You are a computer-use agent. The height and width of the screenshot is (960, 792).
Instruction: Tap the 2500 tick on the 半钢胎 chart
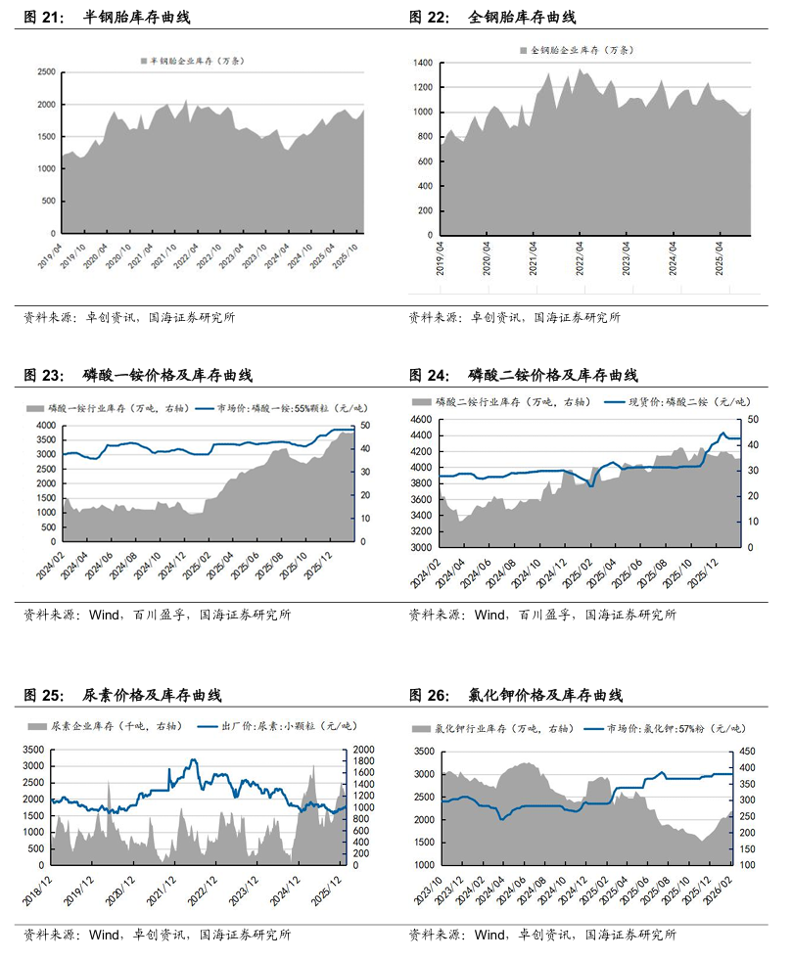(43, 72)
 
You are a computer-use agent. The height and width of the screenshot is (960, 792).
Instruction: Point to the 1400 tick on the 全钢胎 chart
(422, 62)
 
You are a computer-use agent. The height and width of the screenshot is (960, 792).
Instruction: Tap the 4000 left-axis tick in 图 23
(45, 426)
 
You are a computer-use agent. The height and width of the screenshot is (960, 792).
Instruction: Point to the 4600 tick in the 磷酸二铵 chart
(422, 420)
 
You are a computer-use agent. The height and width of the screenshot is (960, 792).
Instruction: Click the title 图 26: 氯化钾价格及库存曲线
(514, 696)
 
